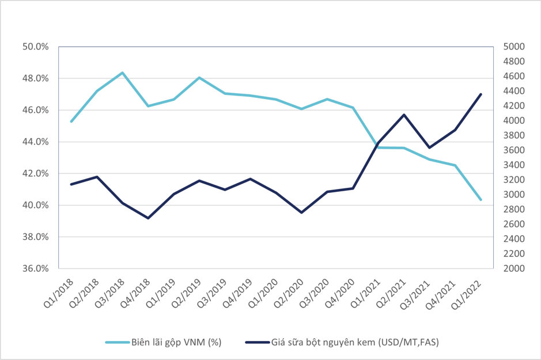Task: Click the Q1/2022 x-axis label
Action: point(471,290)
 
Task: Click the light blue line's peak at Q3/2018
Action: point(122,73)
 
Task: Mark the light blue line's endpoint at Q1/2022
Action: point(481,200)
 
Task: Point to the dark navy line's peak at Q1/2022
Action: point(481,94)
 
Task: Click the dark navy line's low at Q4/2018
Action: point(148,218)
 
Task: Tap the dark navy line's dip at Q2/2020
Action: point(301,213)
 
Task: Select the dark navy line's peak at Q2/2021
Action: point(404,115)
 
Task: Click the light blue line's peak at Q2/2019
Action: point(199,77)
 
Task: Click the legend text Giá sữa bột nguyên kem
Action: point(323,342)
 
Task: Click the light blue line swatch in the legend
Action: point(117,342)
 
